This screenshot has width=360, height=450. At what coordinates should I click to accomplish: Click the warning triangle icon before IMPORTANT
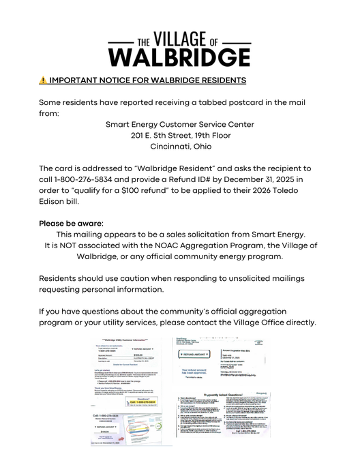(43, 80)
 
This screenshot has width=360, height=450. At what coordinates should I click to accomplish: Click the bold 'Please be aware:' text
(72, 223)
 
